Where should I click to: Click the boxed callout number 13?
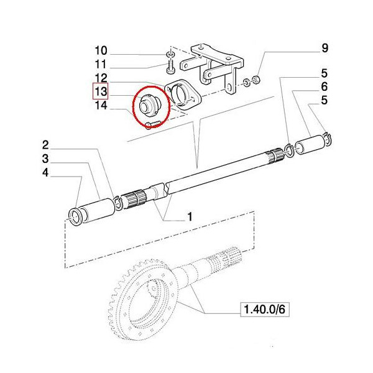(100, 91)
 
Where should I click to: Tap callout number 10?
(101, 51)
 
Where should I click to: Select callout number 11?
(101, 64)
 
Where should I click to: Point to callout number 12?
(101, 78)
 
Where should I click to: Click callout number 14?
(101, 105)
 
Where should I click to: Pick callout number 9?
(325, 48)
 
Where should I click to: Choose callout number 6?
(325, 86)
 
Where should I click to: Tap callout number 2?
(45, 145)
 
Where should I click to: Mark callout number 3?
(45, 159)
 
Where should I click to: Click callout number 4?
(45, 172)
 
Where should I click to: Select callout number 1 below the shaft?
(190, 217)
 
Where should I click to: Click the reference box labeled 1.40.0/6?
(265, 310)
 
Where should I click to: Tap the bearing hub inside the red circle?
(147, 104)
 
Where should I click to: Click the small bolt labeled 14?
(152, 124)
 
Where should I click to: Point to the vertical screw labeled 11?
(171, 67)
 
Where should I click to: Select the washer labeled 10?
(170, 55)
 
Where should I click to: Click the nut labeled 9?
(256, 80)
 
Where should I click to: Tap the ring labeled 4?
(75, 216)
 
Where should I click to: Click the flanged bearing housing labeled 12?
(183, 95)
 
